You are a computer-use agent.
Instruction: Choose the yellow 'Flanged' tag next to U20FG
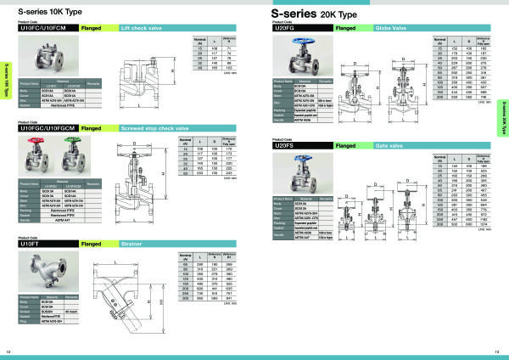(322, 28)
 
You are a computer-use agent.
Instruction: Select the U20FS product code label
(289, 146)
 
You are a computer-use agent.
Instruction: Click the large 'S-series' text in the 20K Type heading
(305, 14)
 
